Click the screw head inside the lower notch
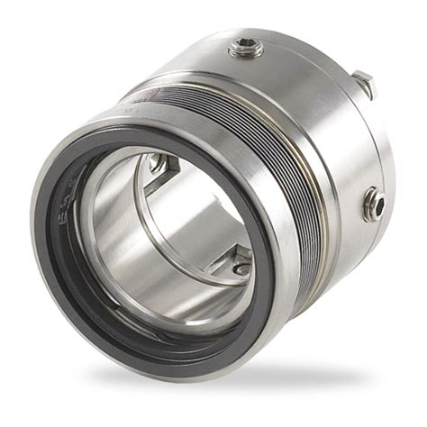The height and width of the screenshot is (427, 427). coord(241,268)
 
